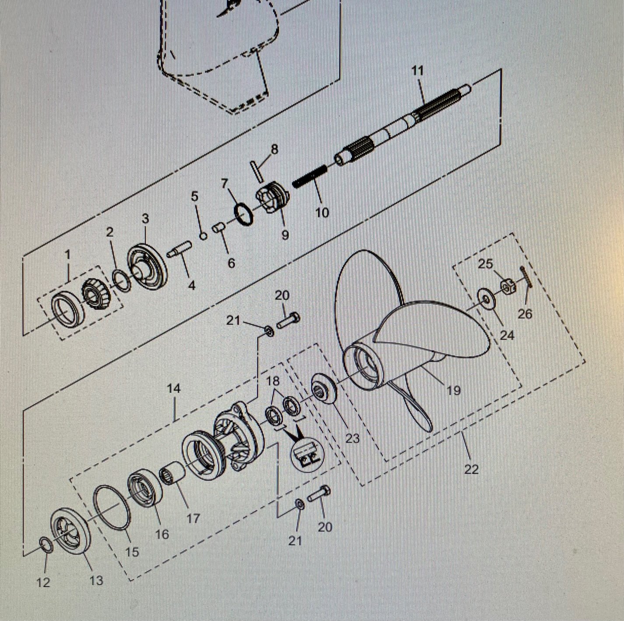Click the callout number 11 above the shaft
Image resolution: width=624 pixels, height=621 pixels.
point(417,71)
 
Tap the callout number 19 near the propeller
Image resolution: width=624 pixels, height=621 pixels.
point(454,390)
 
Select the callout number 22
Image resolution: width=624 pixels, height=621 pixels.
point(471,468)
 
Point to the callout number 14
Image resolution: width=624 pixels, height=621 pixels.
point(174,388)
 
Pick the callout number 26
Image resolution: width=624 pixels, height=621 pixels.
point(525,314)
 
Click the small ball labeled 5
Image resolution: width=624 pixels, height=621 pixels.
point(203,236)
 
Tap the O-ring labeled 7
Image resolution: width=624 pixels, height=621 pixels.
point(243,215)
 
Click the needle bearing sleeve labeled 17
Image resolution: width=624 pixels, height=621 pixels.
point(172,473)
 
